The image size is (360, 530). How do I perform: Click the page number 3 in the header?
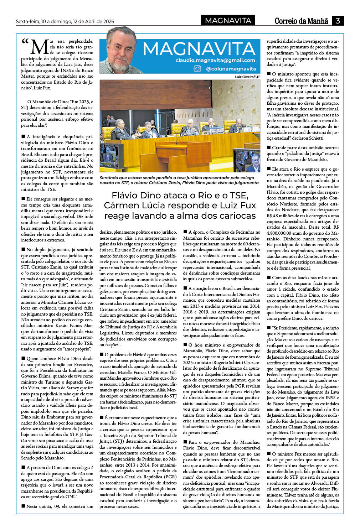338,21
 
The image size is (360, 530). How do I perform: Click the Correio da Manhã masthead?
301,21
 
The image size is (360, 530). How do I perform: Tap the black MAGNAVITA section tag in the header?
228,21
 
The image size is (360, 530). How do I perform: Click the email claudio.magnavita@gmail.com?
215,60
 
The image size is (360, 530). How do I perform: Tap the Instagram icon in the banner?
197,69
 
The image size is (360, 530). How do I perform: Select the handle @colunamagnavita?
231,69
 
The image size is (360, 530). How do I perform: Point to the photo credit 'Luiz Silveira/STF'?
247,77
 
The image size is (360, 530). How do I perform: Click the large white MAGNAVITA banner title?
199,48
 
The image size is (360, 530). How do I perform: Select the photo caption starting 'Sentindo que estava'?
179,180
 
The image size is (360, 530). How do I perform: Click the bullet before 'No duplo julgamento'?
23,250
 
